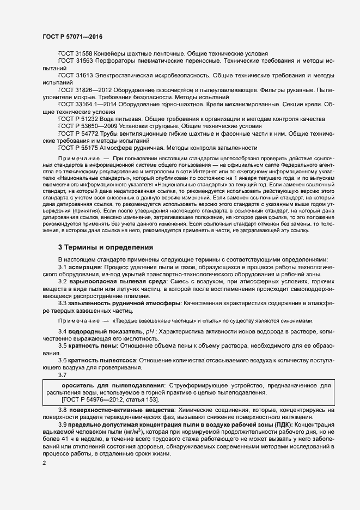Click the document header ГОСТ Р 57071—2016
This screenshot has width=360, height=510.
click(x=72, y=36)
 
